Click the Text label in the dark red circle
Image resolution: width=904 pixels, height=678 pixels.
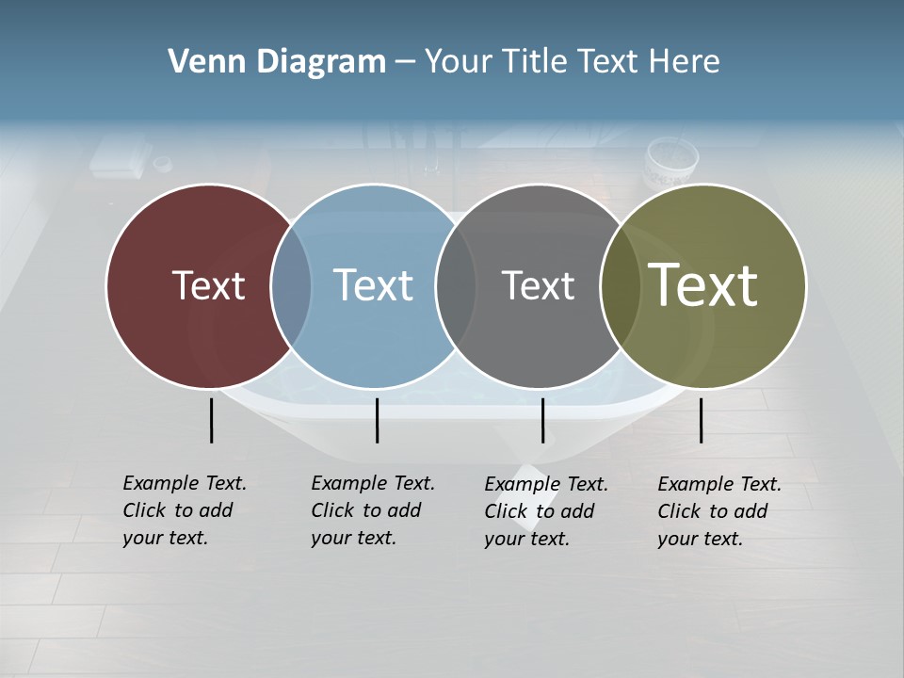(208, 285)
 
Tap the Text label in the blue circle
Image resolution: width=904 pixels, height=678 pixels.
(373, 285)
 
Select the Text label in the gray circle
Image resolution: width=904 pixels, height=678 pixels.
(538, 285)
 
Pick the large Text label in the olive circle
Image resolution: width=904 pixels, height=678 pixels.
(703, 285)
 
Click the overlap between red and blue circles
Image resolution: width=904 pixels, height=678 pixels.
(291, 286)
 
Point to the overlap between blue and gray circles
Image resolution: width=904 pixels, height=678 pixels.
(456, 286)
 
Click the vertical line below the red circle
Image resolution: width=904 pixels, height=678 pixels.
(211, 420)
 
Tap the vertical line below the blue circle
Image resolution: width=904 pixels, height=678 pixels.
(377, 420)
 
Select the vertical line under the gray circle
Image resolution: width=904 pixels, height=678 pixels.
(542, 420)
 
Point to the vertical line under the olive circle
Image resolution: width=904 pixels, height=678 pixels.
(701, 420)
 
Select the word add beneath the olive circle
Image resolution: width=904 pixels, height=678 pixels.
(752, 511)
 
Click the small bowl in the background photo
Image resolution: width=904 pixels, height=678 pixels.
(670, 162)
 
